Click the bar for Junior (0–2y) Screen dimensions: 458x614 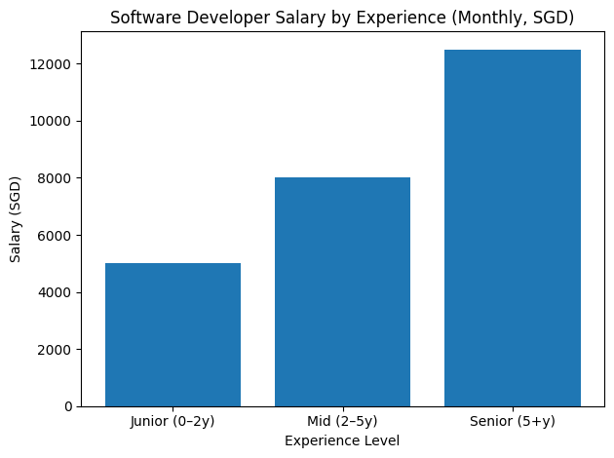point(173,334)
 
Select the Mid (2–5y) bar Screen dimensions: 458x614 point(342,291)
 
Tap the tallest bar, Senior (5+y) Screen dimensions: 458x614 point(512,228)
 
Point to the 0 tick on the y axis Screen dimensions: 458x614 point(71,406)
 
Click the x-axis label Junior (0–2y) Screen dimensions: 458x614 point(173,422)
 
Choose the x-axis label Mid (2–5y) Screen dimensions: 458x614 point(342,422)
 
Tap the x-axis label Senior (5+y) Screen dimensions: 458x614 point(512,422)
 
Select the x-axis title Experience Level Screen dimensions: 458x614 point(342,440)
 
